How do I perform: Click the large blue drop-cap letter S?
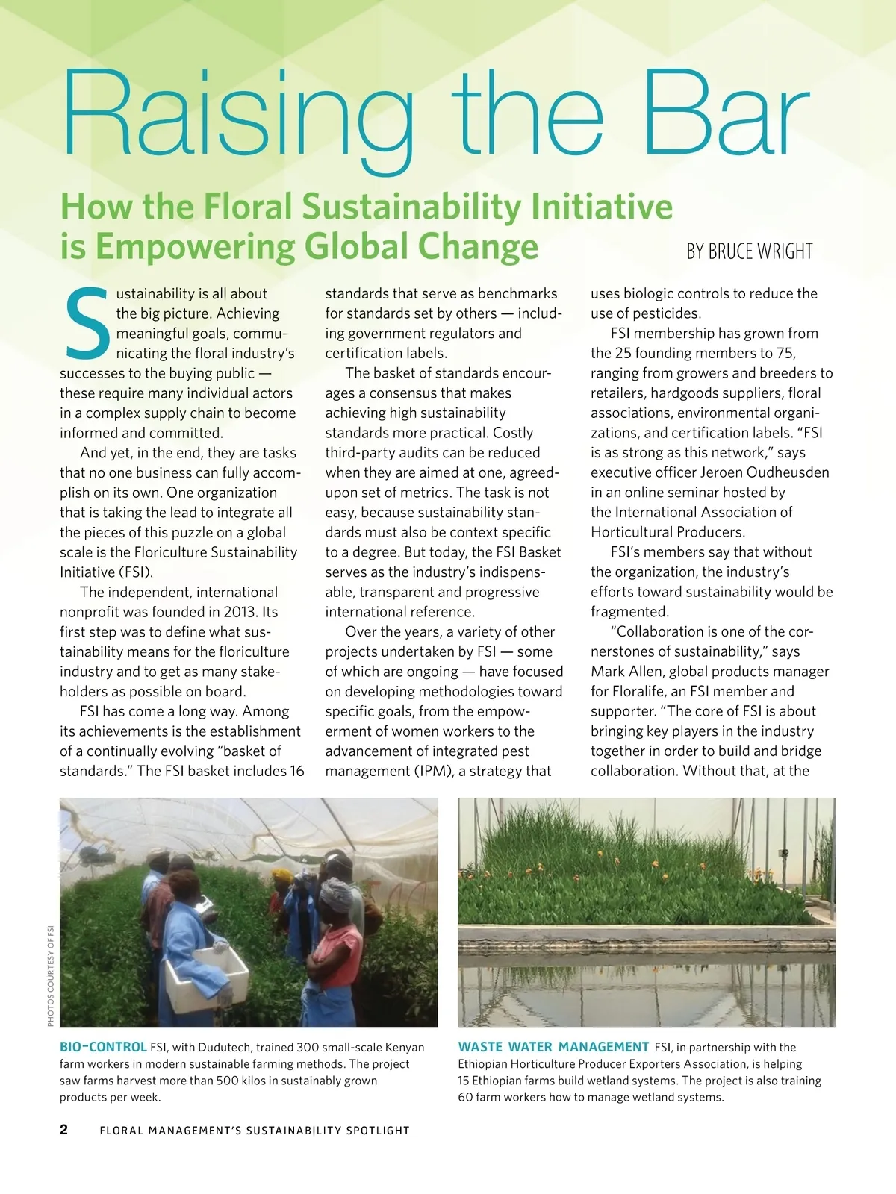point(87,323)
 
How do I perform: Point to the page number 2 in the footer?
point(64,1129)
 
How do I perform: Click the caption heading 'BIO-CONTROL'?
point(103,1047)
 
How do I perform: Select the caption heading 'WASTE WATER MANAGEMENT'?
point(553,1047)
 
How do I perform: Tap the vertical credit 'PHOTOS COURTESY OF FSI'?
point(51,975)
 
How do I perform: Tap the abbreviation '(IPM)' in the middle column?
point(432,771)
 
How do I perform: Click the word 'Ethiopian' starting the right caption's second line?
point(483,1064)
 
